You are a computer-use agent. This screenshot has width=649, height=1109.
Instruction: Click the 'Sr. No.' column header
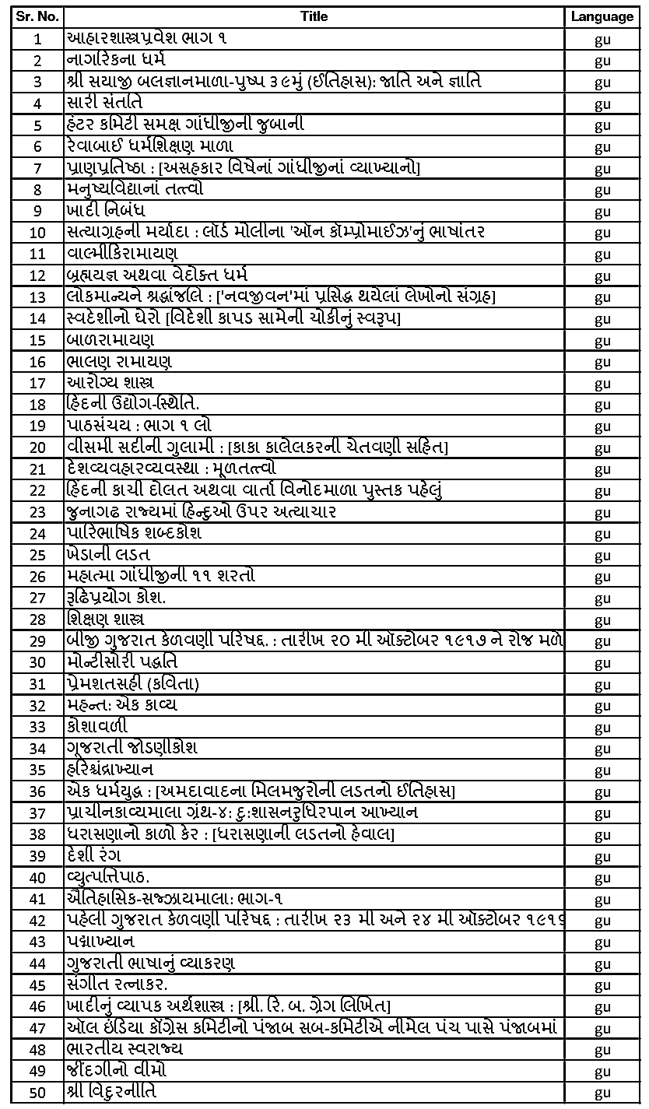click(x=37, y=16)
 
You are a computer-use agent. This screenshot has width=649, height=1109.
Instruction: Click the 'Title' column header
click(x=314, y=16)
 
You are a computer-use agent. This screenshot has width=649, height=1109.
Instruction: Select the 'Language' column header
click(x=602, y=16)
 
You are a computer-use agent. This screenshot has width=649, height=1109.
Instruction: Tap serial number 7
click(x=37, y=168)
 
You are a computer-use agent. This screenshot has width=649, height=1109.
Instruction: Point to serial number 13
click(x=37, y=297)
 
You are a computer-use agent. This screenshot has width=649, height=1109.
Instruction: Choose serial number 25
click(x=37, y=555)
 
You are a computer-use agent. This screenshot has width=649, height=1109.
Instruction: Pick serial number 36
click(x=37, y=791)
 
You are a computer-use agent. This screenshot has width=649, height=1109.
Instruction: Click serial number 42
click(x=37, y=921)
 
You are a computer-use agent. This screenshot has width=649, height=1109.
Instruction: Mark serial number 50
click(x=37, y=1093)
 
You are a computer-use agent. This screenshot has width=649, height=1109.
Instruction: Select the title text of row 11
click(x=122, y=254)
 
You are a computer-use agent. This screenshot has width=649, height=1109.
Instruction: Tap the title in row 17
click(x=111, y=383)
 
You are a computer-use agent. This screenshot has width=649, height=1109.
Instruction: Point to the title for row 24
click(x=134, y=533)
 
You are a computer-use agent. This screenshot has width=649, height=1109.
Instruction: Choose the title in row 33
click(x=97, y=727)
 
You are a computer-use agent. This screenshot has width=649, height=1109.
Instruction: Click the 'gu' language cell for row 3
click(x=602, y=82)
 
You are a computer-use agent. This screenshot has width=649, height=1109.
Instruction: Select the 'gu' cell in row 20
click(x=602, y=447)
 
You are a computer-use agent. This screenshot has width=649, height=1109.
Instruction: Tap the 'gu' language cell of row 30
click(x=602, y=662)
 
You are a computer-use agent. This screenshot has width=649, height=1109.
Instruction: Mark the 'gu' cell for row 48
click(x=602, y=1049)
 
